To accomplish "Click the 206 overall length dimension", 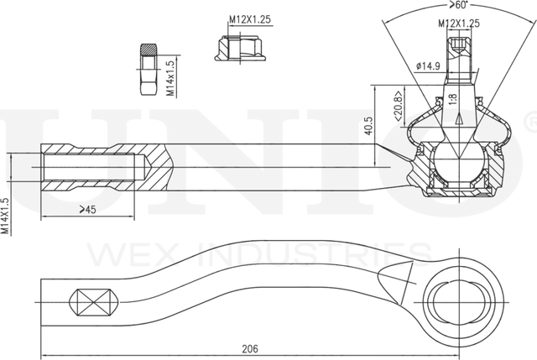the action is (250, 349).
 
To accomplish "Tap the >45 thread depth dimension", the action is (87, 209).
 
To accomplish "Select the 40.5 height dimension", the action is (368, 126).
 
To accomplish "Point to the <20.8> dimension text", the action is (399, 107).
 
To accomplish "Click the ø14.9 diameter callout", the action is (428, 65).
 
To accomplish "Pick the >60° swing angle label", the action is (459, 5).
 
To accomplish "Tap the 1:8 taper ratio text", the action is (453, 99).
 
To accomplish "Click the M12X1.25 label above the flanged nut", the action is (250, 19).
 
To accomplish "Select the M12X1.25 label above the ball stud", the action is (459, 23).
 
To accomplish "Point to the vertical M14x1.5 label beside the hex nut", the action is (170, 78).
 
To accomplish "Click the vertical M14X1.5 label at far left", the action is (5, 216).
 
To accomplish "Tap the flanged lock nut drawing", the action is (241, 48).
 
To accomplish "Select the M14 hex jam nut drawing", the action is (149, 69).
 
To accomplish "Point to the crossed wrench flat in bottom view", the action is (94, 302).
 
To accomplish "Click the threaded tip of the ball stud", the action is (459, 46).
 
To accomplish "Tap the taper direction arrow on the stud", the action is (459, 119).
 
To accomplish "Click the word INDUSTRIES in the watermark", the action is (314, 254).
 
